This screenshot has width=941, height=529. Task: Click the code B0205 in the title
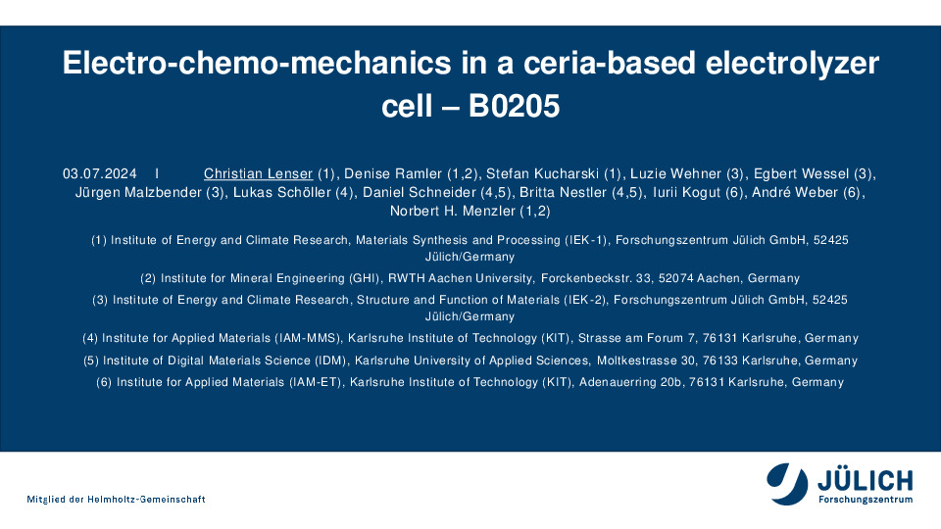[x=514, y=106]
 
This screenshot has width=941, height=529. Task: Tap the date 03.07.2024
[x=100, y=174]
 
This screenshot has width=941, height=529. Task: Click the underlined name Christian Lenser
[x=258, y=174]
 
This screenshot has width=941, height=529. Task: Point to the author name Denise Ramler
[x=393, y=174]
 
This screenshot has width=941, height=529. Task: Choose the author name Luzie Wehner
[x=675, y=174]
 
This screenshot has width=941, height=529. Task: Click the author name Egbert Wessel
[x=801, y=174]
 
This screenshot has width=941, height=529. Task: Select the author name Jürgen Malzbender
[x=138, y=193]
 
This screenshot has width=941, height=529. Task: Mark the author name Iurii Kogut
[x=686, y=193]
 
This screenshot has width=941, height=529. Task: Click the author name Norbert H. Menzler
[x=453, y=212]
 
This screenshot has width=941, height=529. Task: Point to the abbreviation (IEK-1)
[x=586, y=240]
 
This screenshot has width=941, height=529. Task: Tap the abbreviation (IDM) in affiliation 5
[x=331, y=361]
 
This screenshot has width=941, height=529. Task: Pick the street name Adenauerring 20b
[x=630, y=382]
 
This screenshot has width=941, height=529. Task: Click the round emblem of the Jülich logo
[x=787, y=483]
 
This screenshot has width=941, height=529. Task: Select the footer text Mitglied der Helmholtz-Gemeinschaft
[x=116, y=499]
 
